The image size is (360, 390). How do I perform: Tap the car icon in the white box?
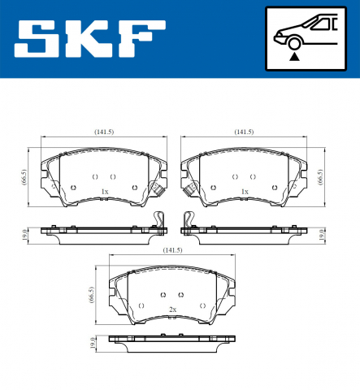306,32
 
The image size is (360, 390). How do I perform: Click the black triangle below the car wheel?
294,57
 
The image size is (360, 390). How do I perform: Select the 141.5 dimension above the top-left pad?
104,132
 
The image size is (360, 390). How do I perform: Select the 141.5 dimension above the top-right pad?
244,132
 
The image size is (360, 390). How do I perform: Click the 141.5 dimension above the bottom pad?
172,250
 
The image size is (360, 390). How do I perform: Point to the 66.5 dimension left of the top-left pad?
24,177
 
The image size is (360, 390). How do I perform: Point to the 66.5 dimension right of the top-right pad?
321,177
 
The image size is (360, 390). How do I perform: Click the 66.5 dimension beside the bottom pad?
92,295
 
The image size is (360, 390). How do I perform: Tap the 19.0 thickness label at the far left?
24,235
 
